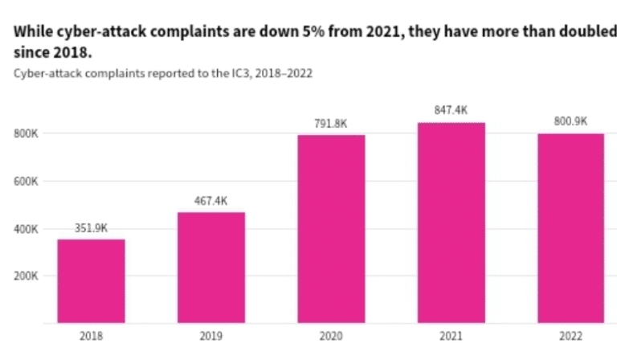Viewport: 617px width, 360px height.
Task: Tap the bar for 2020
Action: click(x=331, y=228)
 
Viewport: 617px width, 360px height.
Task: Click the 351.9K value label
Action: click(x=91, y=227)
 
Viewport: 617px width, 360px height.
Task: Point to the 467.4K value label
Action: click(x=210, y=200)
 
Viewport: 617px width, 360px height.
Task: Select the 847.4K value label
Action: click(x=451, y=110)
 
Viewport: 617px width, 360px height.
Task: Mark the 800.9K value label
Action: click(x=570, y=121)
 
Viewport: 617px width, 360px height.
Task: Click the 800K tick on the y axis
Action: click(x=26, y=133)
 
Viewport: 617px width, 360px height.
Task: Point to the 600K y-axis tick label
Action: click(x=26, y=182)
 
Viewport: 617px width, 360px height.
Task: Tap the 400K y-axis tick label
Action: click(x=26, y=229)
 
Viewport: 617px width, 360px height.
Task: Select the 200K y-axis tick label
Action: click(x=26, y=276)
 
